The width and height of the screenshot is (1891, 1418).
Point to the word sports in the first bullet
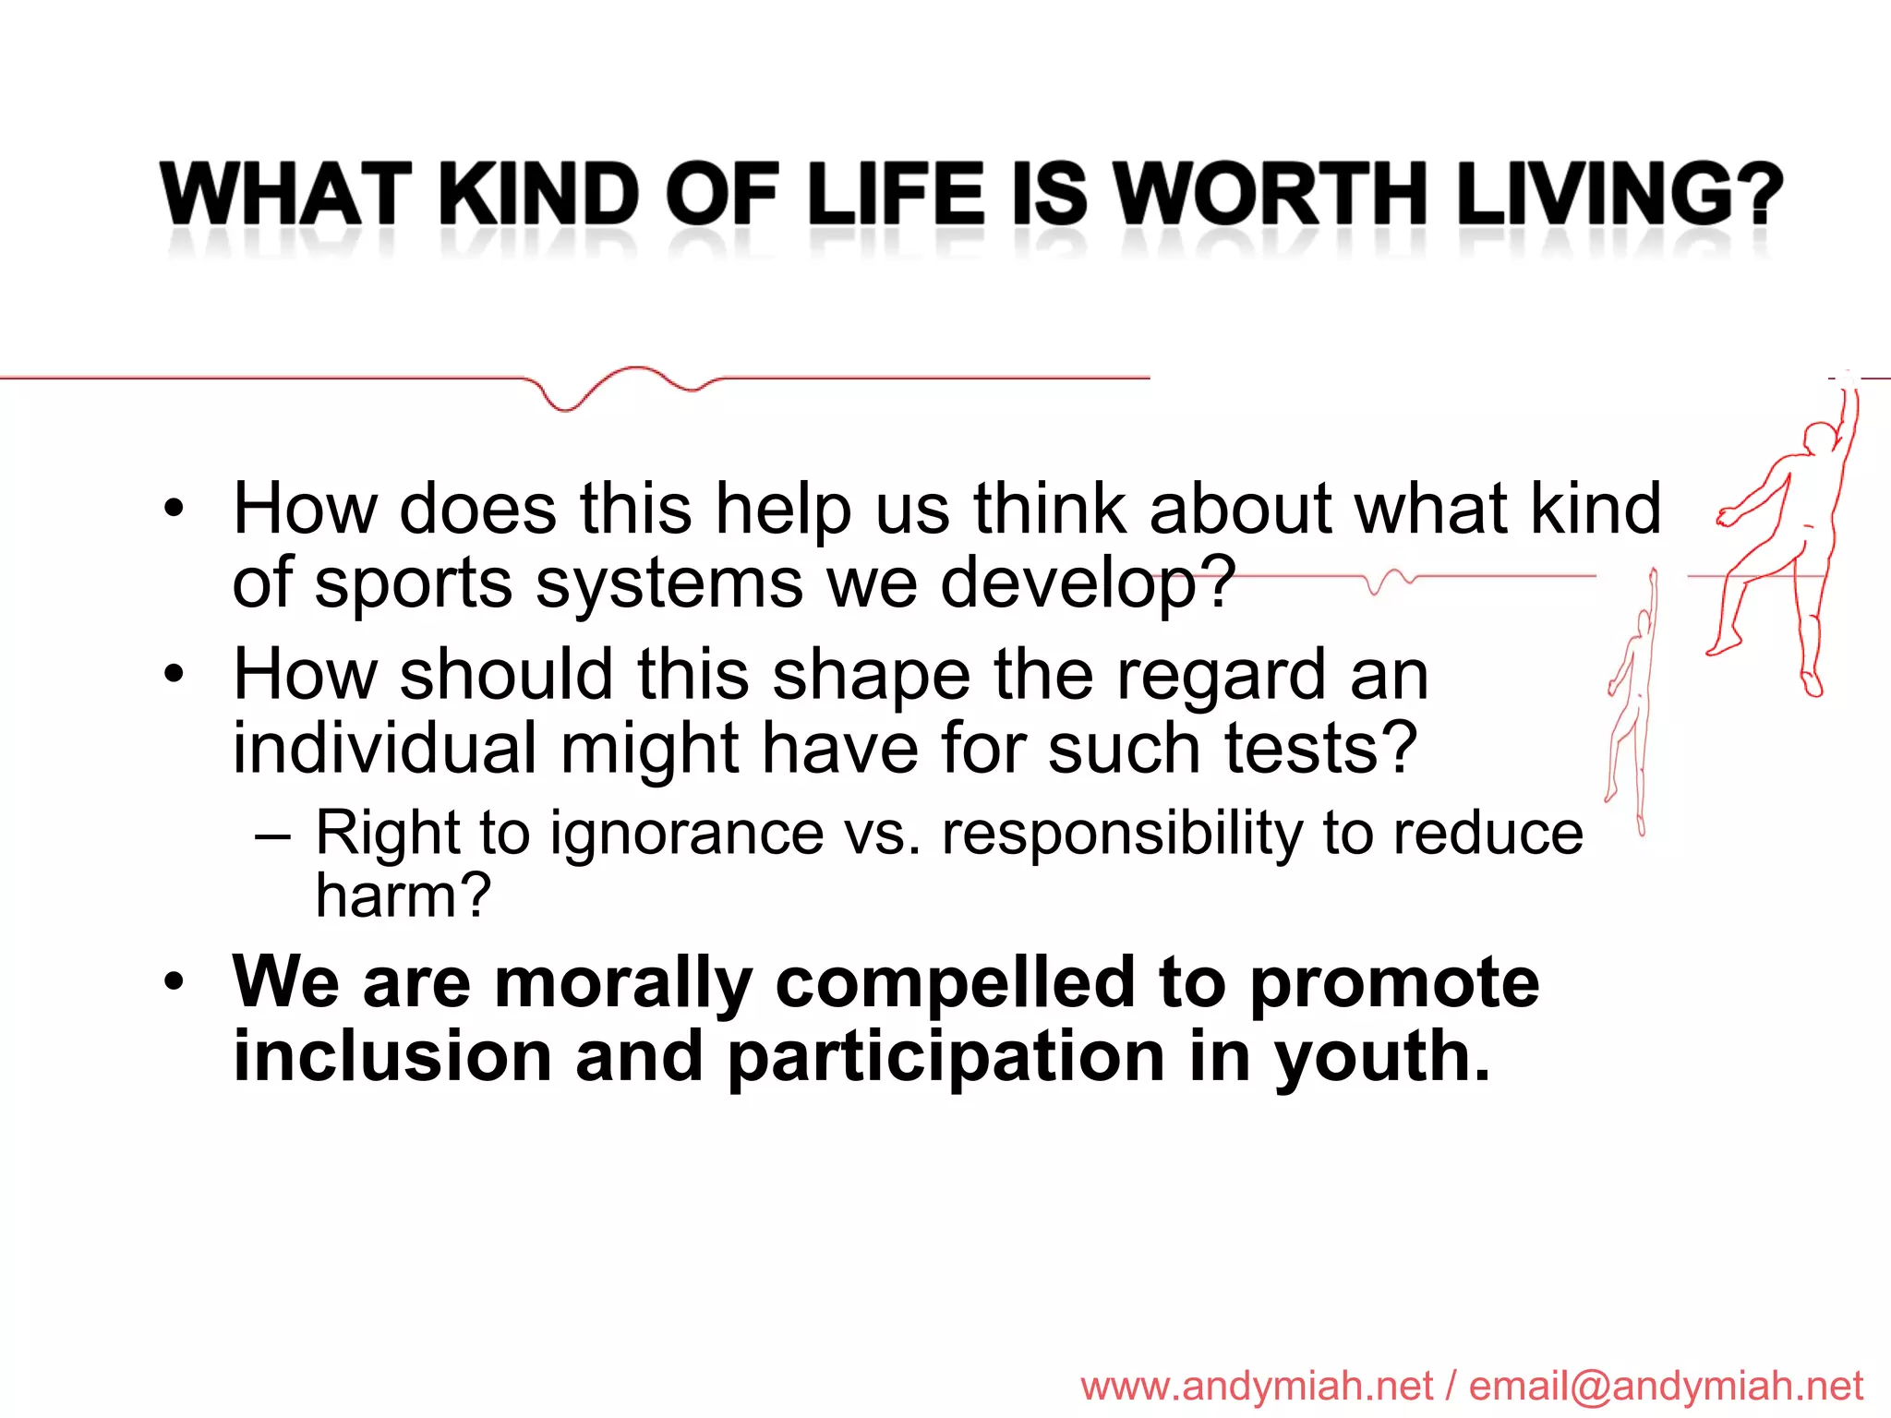[x=413, y=584]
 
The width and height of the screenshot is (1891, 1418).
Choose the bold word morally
[x=623, y=983]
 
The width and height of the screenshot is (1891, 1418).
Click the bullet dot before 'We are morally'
[x=174, y=982]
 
